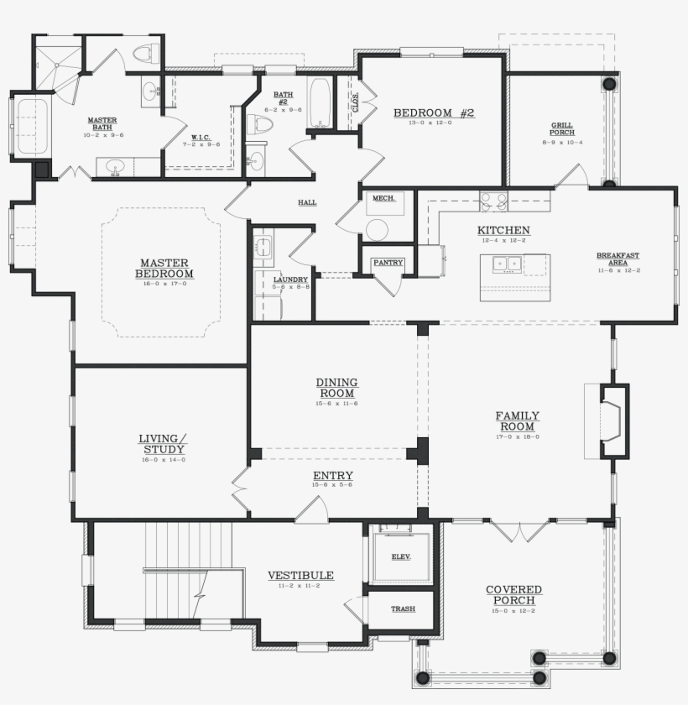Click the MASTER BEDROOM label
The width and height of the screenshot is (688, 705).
click(165, 268)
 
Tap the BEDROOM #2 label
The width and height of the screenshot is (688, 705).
click(434, 112)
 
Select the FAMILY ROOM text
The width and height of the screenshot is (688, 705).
click(517, 420)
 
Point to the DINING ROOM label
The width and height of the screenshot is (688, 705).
click(336, 388)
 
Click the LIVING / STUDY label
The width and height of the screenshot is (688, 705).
click(163, 444)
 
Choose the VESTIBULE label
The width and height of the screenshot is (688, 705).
click(300, 576)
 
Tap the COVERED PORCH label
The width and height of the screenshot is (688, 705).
click(514, 595)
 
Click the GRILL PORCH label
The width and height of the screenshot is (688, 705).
click(562, 129)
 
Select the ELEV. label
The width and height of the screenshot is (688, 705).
click(402, 557)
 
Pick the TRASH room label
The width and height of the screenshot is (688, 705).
click(403, 608)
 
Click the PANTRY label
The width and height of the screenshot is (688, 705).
click(388, 263)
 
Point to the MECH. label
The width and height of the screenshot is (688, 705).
click(383, 199)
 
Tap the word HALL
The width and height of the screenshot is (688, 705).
click(307, 202)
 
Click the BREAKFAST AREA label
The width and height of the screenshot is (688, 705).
click(618, 258)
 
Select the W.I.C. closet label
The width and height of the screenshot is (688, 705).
click(201, 137)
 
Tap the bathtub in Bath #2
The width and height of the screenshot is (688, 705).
click(320, 102)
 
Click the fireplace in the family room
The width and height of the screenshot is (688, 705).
click(614, 420)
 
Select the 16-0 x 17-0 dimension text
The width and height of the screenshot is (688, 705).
click(165, 283)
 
